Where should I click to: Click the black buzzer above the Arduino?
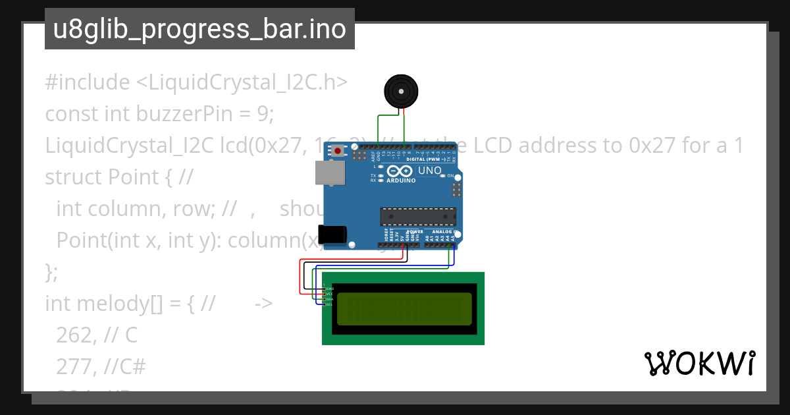point(401,92)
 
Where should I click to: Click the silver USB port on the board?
point(330,173)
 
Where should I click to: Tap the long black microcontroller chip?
point(417,217)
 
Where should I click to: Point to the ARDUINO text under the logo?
point(401,180)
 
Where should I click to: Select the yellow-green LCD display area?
point(404,309)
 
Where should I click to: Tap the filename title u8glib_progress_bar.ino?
point(199,30)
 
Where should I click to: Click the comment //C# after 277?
point(125,367)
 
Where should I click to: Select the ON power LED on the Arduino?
point(451,176)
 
